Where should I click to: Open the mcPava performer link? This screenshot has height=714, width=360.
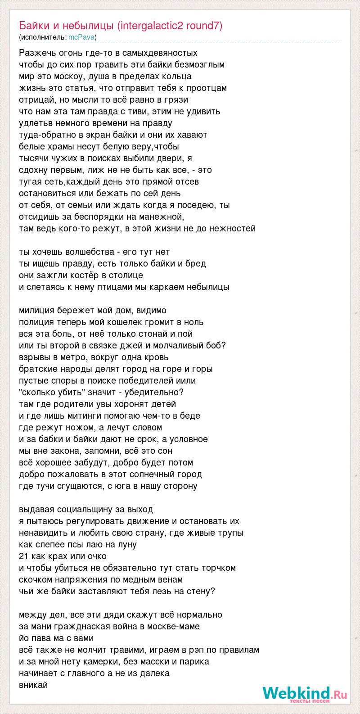point(81,37)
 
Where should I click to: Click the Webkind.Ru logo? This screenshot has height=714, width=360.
point(305,693)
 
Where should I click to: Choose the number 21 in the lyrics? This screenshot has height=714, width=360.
point(23,556)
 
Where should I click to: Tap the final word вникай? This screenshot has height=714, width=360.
point(33,685)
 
